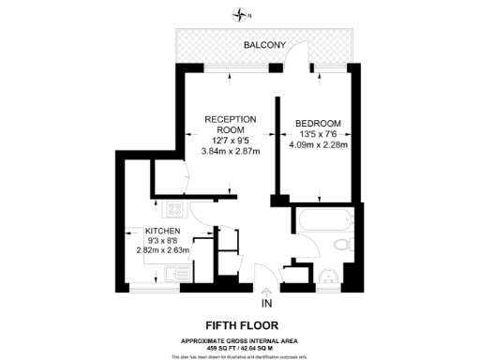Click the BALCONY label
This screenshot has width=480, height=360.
[x=265, y=45]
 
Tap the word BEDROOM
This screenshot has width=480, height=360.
[x=317, y=124]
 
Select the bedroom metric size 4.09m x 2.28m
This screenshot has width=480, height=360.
[x=318, y=145]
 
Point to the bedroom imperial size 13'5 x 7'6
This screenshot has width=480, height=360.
[x=318, y=135]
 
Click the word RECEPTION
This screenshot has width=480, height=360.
[x=230, y=118]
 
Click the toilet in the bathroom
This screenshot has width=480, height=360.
[x=342, y=246]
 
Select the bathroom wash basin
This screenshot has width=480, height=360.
[x=329, y=275]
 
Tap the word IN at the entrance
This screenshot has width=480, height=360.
[x=266, y=304]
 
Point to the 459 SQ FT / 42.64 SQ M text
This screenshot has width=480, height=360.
[x=239, y=348]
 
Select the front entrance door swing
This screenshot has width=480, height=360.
[x=265, y=272]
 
